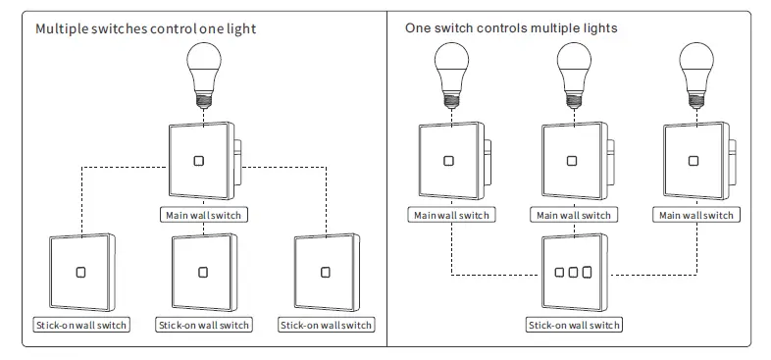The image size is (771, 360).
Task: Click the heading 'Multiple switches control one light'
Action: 145,28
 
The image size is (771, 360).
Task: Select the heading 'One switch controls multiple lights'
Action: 511,28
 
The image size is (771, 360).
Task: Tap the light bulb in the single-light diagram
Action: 203,73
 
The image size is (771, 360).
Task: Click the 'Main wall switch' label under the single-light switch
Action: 203,215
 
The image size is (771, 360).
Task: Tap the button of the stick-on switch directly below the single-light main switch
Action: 203,272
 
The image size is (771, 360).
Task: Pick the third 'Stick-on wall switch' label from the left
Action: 326,325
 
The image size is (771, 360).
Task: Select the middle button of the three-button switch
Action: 574,271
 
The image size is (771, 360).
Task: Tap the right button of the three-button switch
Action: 588,271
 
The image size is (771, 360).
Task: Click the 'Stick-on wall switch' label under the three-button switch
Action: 574,325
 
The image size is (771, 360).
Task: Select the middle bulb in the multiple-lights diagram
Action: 574,73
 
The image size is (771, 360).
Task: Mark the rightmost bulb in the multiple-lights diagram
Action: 695,73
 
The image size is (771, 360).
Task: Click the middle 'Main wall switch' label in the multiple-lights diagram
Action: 574,215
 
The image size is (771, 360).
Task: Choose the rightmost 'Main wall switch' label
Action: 695,215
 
